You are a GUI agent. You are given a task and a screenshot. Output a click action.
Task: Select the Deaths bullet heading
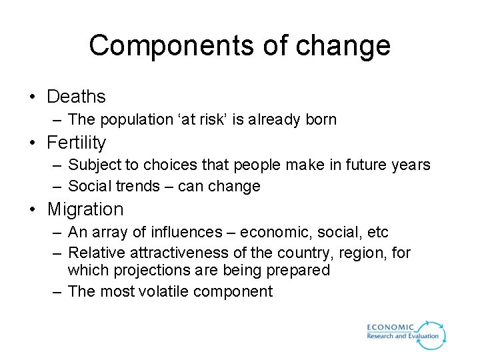click(76, 97)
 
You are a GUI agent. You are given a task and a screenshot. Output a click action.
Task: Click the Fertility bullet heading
click(76, 143)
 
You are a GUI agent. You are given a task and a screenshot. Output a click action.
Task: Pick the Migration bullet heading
click(85, 209)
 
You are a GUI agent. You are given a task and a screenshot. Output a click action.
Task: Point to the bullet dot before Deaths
click(33, 97)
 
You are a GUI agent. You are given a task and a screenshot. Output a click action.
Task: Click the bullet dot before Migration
click(33, 210)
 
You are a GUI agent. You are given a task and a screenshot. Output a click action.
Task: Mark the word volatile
click(164, 291)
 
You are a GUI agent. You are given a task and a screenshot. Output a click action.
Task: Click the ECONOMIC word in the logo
click(391, 327)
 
